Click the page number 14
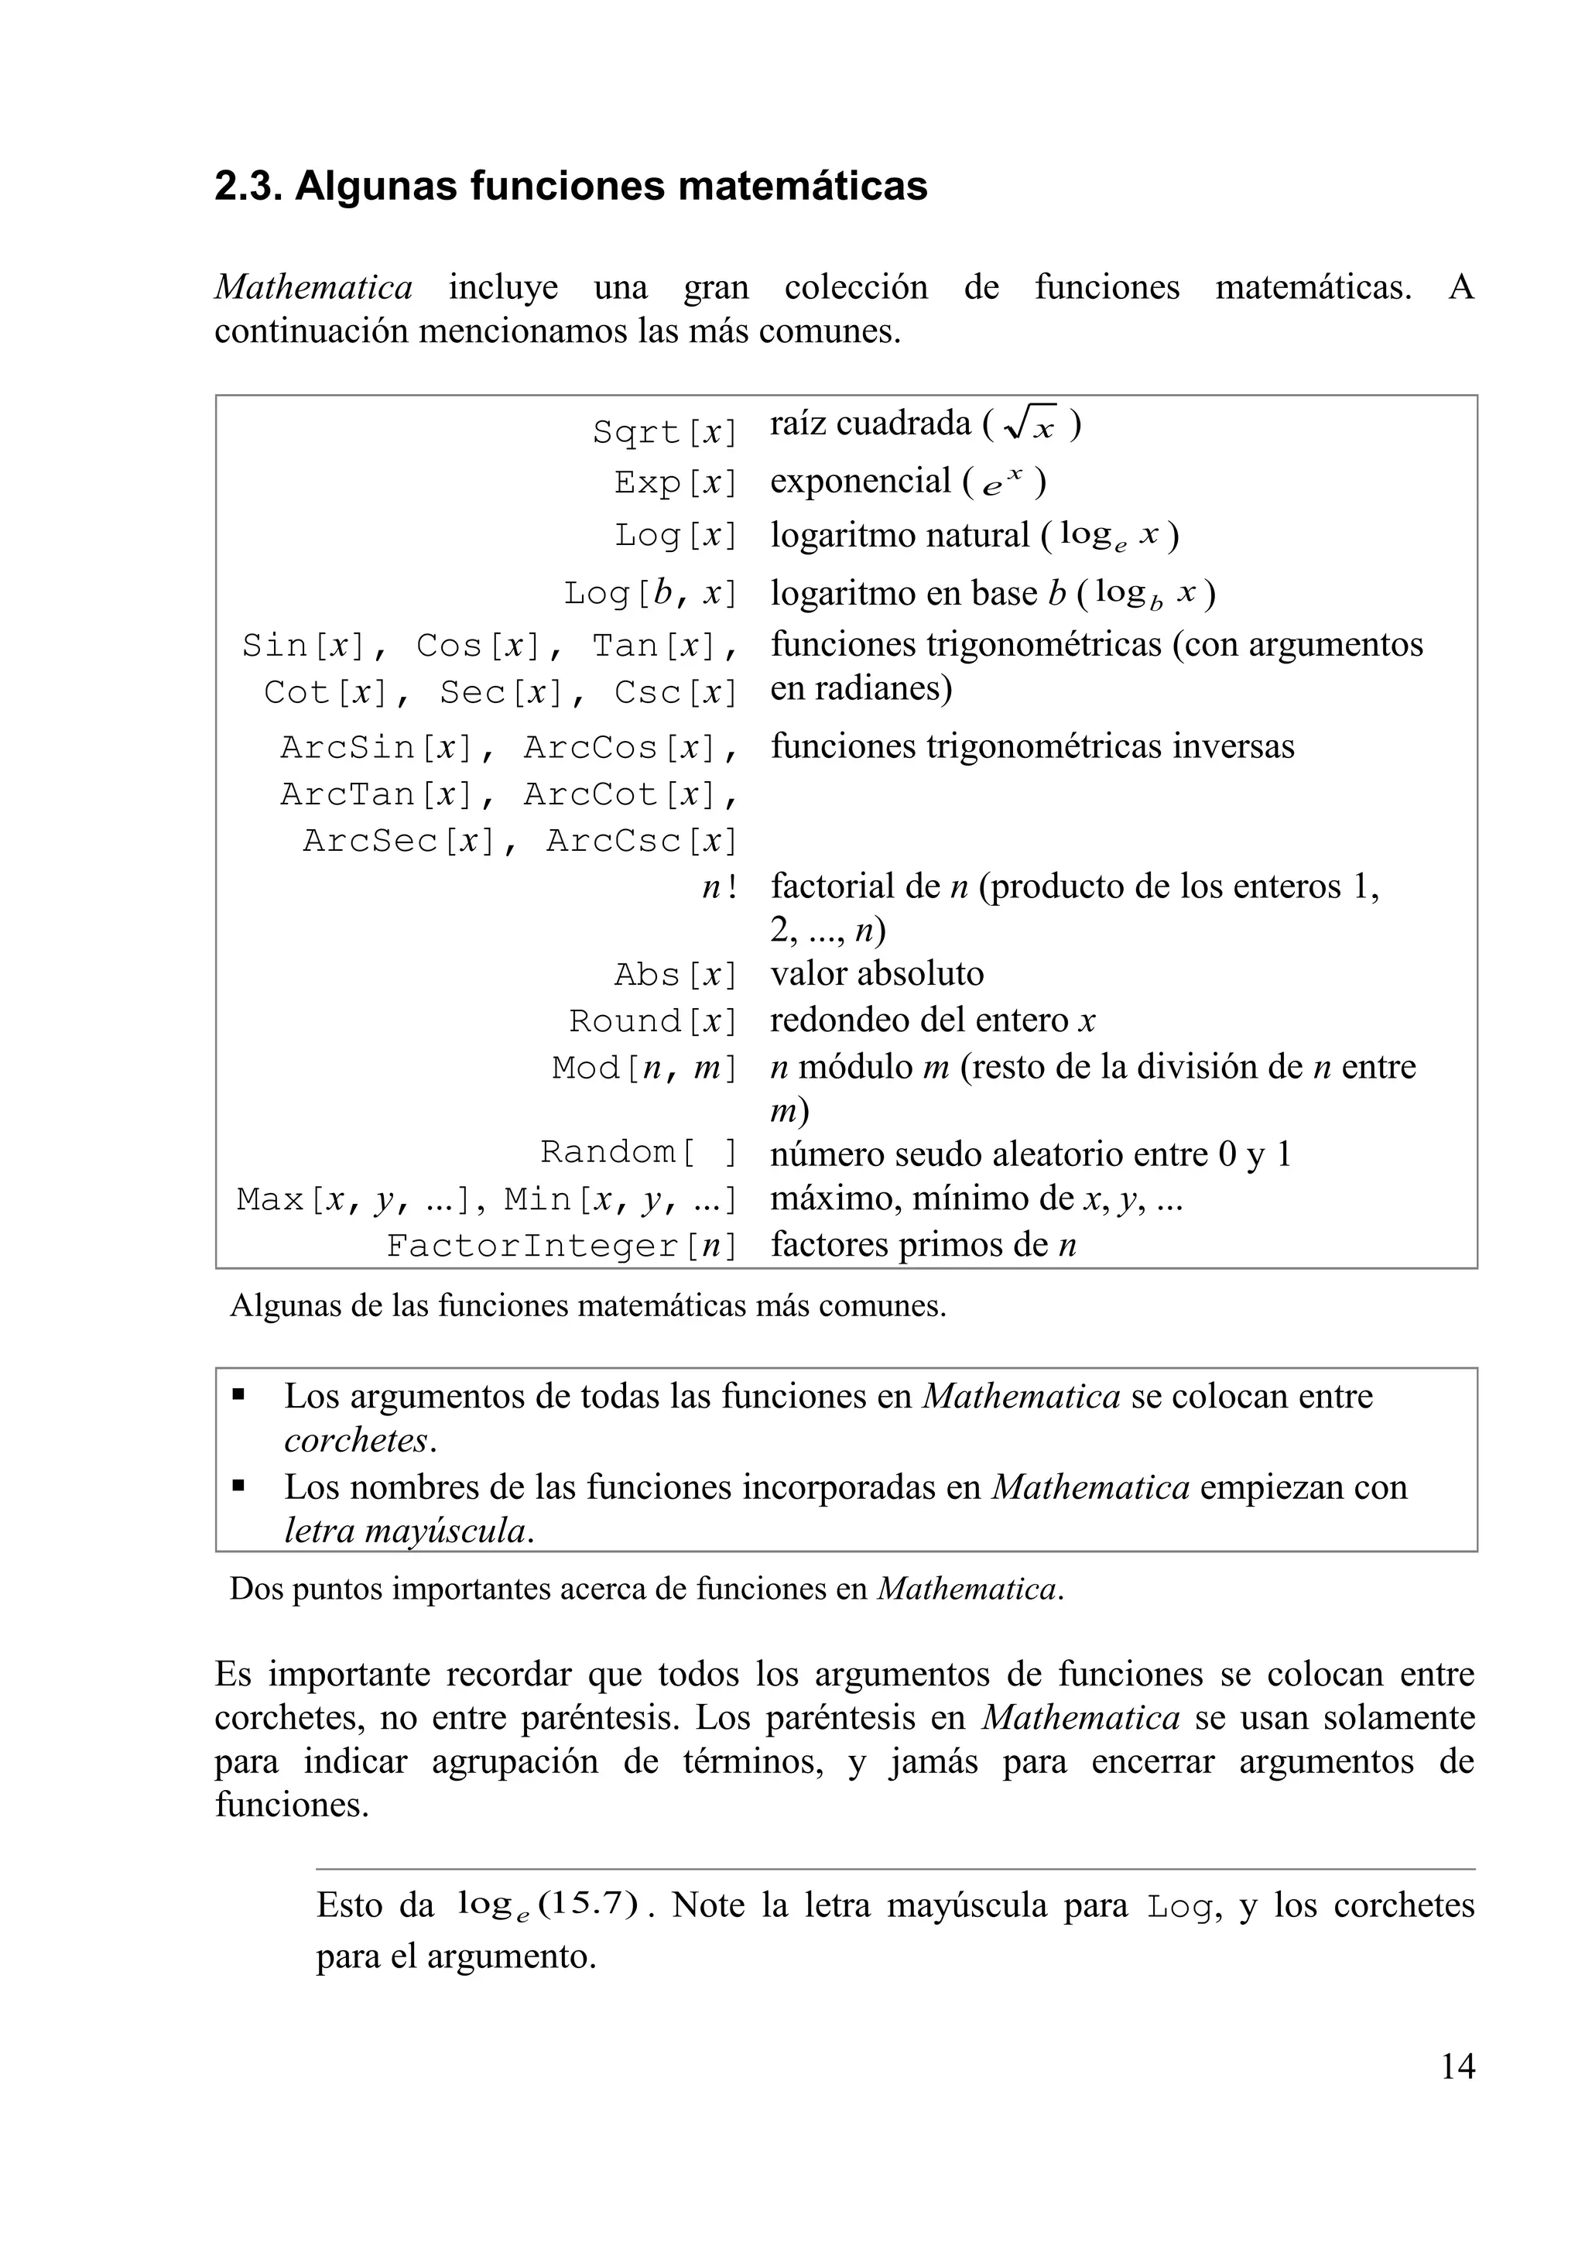coord(1457,2066)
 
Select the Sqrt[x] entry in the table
coord(664,431)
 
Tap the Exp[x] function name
coord(675,482)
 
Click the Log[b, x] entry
coord(649,593)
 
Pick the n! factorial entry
coord(719,886)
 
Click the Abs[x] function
coord(675,976)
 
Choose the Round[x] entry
coord(652,1021)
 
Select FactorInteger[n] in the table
coord(561,1245)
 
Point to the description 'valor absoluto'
coord(877,973)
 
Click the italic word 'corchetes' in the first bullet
coord(357,1440)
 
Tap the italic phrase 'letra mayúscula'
coord(406,1531)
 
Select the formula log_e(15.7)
coord(548,1905)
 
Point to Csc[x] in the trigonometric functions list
coord(675,693)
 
